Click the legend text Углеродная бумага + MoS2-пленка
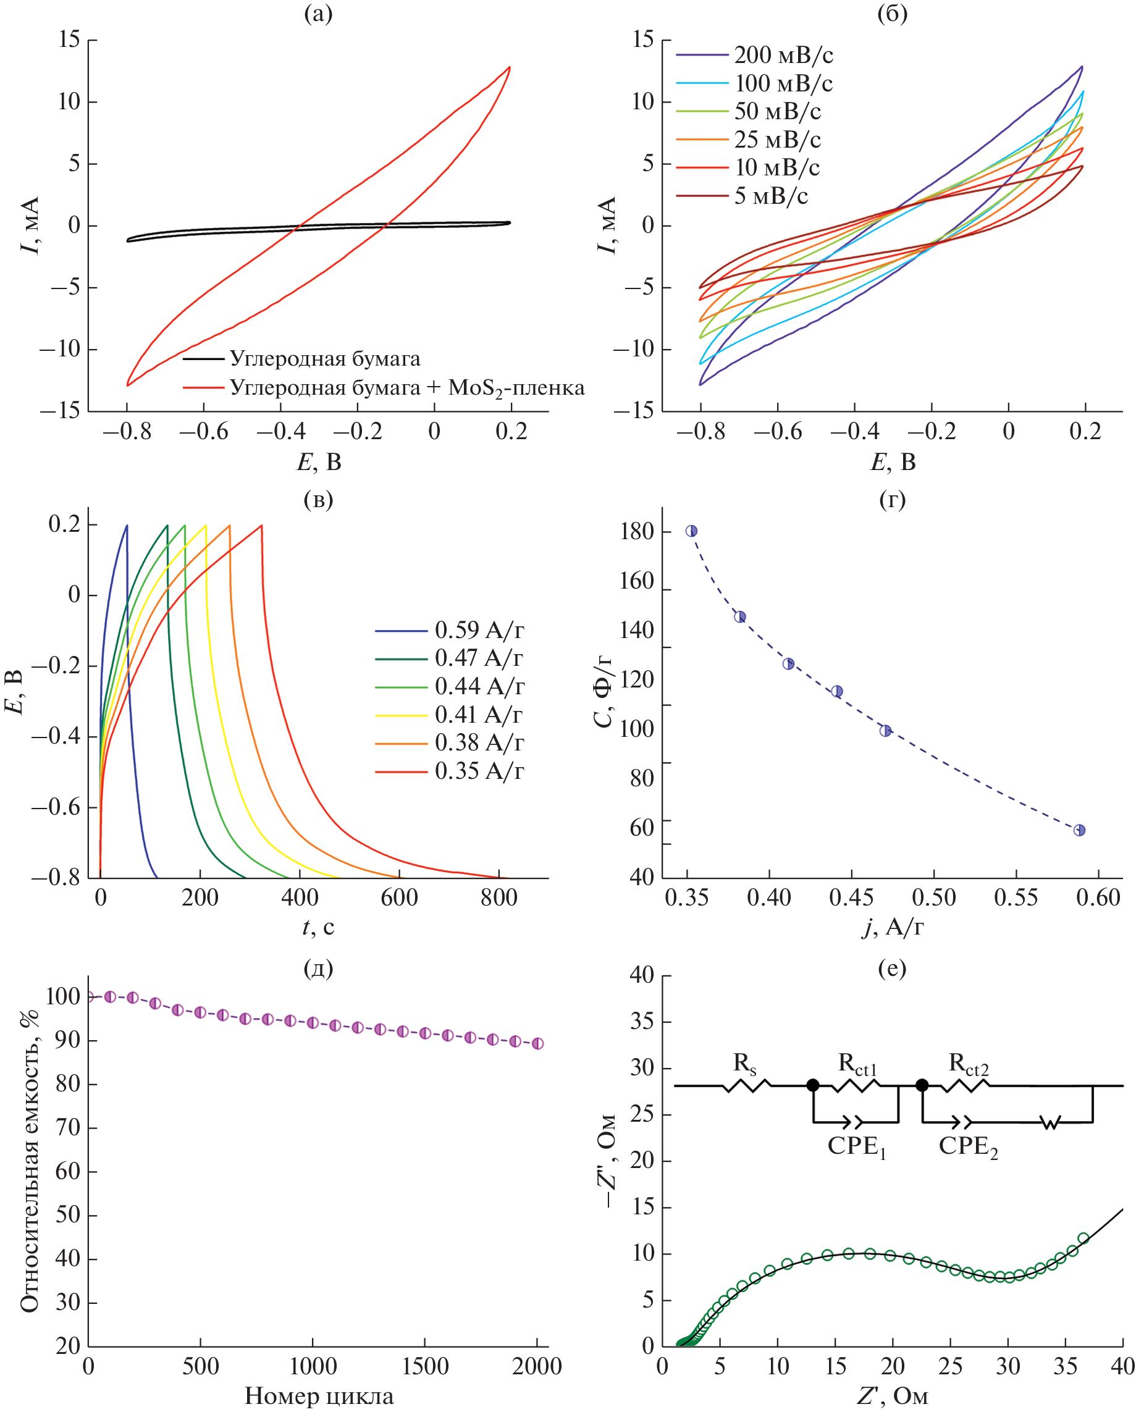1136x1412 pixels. click(407, 389)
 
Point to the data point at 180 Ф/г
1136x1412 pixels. click(691, 531)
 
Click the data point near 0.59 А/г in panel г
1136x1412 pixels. click(1079, 830)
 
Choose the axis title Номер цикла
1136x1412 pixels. click(319, 1397)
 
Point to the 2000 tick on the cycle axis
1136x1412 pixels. click(537, 1366)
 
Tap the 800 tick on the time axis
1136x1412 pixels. click(499, 897)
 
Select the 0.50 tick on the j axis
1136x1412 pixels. click(933, 897)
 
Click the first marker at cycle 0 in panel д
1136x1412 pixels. click(89, 997)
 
